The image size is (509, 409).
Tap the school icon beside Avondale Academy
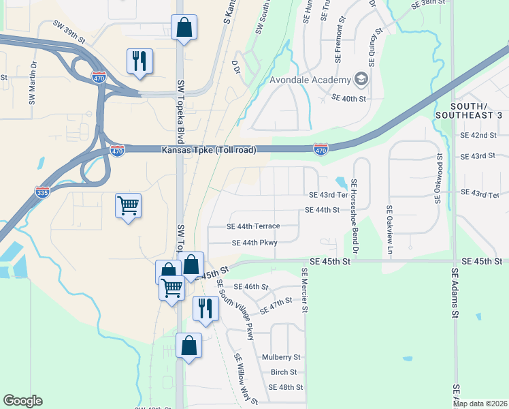tap(361, 80)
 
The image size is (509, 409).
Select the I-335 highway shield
tap(42, 192)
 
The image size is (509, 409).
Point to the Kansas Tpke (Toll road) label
tap(209, 150)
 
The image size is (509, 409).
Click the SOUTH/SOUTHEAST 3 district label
tap(478, 113)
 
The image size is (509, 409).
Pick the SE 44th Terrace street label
tap(253, 226)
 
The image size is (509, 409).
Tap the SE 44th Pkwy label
tap(255, 243)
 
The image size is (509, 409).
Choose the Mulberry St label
tap(281, 357)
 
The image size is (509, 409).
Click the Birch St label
tap(284, 372)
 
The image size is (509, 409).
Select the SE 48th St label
tap(285, 387)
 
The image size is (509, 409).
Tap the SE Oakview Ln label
tap(390, 230)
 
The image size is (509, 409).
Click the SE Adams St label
tap(455, 293)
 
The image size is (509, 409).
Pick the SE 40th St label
tap(348, 99)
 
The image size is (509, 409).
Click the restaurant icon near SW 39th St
tap(139, 61)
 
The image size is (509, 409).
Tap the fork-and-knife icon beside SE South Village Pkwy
tap(205, 309)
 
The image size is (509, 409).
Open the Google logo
tap(22, 401)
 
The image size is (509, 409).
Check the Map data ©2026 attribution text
tap(479, 404)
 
